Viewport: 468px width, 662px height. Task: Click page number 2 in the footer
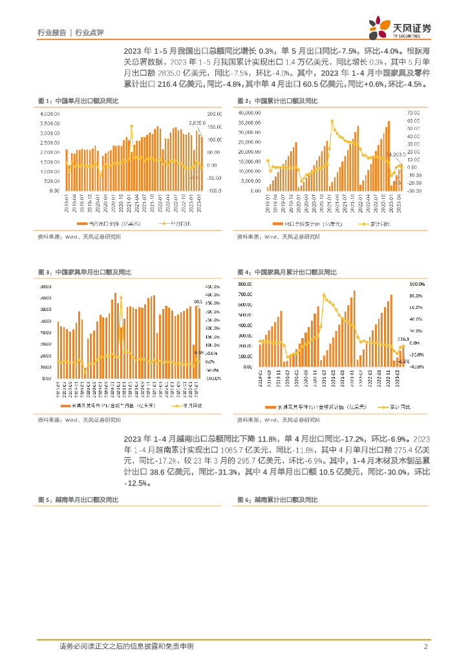point(427,646)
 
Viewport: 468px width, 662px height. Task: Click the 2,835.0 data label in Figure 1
point(197,123)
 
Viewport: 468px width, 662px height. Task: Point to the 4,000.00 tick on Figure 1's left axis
point(50,114)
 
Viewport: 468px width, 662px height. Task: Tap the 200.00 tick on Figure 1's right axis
point(214,114)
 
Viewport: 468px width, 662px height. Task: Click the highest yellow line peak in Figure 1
point(131,126)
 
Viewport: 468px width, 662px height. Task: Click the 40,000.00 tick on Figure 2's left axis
point(250,113)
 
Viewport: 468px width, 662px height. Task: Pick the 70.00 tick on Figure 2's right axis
point(414,113)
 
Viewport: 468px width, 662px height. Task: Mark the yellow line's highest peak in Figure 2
point(332,121)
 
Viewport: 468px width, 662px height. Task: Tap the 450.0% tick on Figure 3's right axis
point(213,286)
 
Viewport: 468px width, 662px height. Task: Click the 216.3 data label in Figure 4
point(403,338)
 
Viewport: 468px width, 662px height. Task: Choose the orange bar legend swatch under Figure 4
point(271,407)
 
